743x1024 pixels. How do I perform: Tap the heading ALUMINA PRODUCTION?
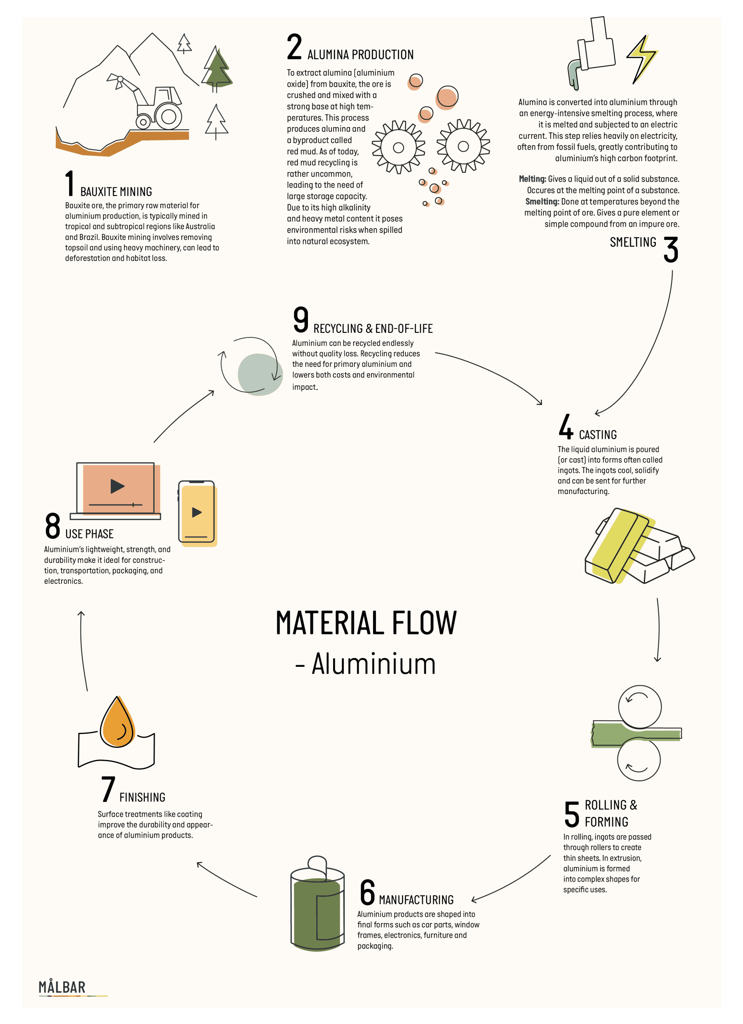point(360,55)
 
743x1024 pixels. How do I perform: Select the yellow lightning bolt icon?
point(642,59)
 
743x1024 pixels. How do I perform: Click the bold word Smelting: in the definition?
point(542,201)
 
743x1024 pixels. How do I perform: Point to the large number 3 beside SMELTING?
point(671,249)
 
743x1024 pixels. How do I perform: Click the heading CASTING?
point(598,434)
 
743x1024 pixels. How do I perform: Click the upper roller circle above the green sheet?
point(640,706)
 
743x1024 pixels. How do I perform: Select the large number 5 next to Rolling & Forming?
point(571,814)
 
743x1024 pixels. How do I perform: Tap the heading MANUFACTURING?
point(416,900)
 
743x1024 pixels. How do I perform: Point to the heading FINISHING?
point(142,797)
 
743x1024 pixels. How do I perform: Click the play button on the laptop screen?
point(117,486)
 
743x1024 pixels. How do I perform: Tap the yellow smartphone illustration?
point(197,513)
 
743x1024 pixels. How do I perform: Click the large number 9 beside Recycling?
point(301,319)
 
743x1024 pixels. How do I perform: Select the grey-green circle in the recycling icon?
point(260,374)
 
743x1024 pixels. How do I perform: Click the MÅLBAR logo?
point(62,987)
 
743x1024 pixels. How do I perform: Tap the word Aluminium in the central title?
point(374,664)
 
